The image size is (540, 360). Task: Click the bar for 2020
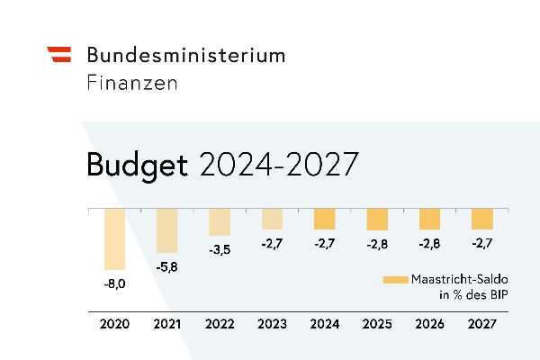point(114,238)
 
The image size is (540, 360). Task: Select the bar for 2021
point(167,230)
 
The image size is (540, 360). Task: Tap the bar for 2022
point(220,221)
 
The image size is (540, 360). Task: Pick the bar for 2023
point(272,218)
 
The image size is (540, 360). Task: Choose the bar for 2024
point(324,218)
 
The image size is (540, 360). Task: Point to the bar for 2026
point(429,218)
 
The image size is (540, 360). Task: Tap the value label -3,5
point(220,249)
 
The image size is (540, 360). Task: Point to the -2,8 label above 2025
point(377,244)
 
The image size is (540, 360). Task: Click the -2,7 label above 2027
point(481,243)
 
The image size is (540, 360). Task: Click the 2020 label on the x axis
point(114,324)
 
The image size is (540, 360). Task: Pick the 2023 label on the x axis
point(272,324)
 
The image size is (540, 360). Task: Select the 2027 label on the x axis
point(481,324)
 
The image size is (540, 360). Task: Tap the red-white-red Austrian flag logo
point(58,54)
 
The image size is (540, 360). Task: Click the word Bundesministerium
point(185,55)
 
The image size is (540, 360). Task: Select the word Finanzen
point(132,83)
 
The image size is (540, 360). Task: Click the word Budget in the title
point(137,166)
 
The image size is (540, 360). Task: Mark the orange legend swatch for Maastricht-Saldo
point(395,280)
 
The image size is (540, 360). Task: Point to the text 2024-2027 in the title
point(278,166)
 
